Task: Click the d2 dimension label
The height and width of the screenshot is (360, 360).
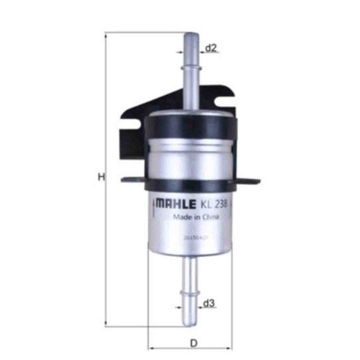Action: [x=211, y=48]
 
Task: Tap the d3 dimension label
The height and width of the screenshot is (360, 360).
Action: [x=208, y=304]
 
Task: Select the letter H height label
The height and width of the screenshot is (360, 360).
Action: [x=101, y=177]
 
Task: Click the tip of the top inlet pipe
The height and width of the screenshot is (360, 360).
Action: [x=190, y=35]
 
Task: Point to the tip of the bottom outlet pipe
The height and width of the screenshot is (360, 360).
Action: [x=190, y=322]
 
